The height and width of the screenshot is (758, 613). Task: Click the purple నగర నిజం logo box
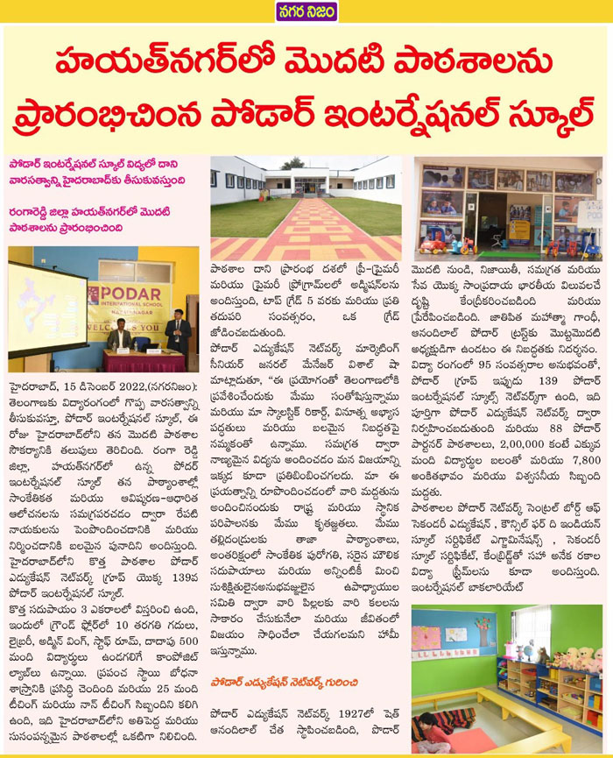[305, 11]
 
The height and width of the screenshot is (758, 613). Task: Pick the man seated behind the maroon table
[119, 337]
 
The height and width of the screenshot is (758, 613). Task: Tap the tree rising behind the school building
[293, 164]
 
